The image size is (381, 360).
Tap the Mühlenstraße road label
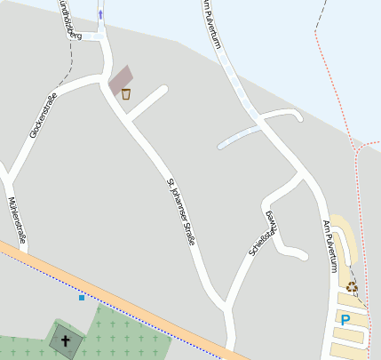coord(16,220)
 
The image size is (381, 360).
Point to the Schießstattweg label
coord(264,234)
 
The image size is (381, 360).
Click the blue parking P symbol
coord(345,319)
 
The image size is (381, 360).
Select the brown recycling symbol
coord(352,286)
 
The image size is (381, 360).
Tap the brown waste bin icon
coord(126,93)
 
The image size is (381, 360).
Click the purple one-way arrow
coord(100,14)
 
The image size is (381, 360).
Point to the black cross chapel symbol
coord(65,340)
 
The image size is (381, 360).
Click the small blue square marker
coord(82,297)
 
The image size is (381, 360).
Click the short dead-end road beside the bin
coord(149,102)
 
